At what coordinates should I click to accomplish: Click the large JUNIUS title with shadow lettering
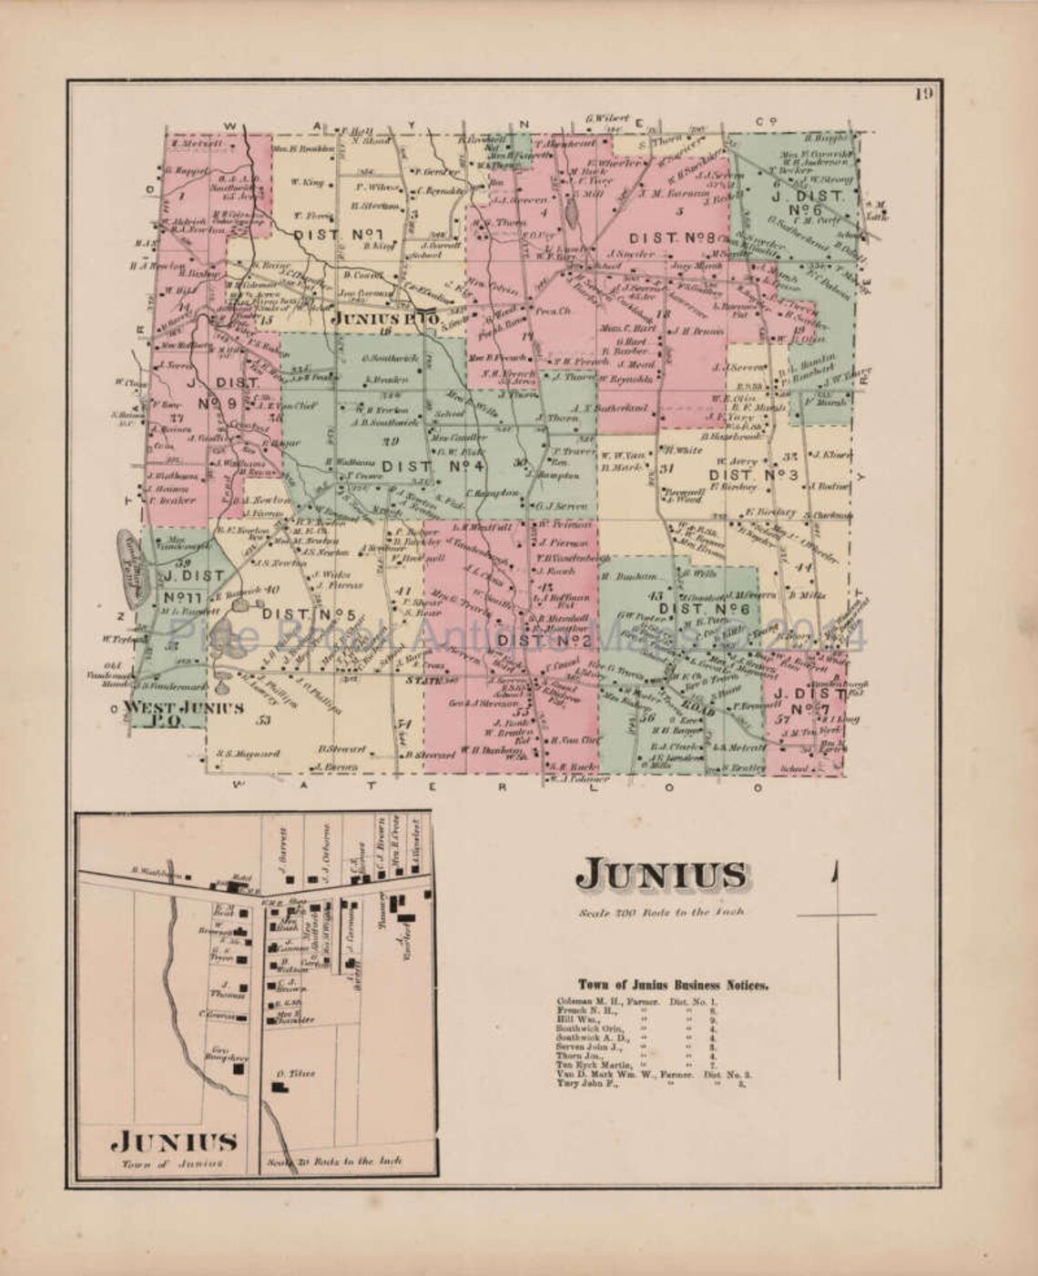(662, 876)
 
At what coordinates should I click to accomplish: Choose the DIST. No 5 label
(308, 614)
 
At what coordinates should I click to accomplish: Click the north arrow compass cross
(833, 914)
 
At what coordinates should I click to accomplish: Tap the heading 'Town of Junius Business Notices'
(674, 985)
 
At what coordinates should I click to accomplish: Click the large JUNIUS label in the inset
(177, 1142)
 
